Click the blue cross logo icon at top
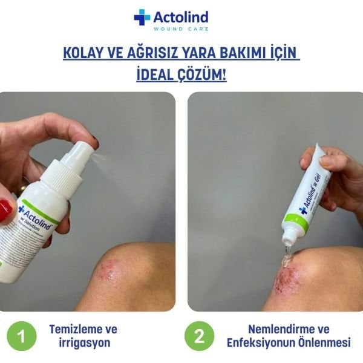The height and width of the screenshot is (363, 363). click(142, 17)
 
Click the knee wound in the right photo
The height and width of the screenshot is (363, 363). click(285, 278)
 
